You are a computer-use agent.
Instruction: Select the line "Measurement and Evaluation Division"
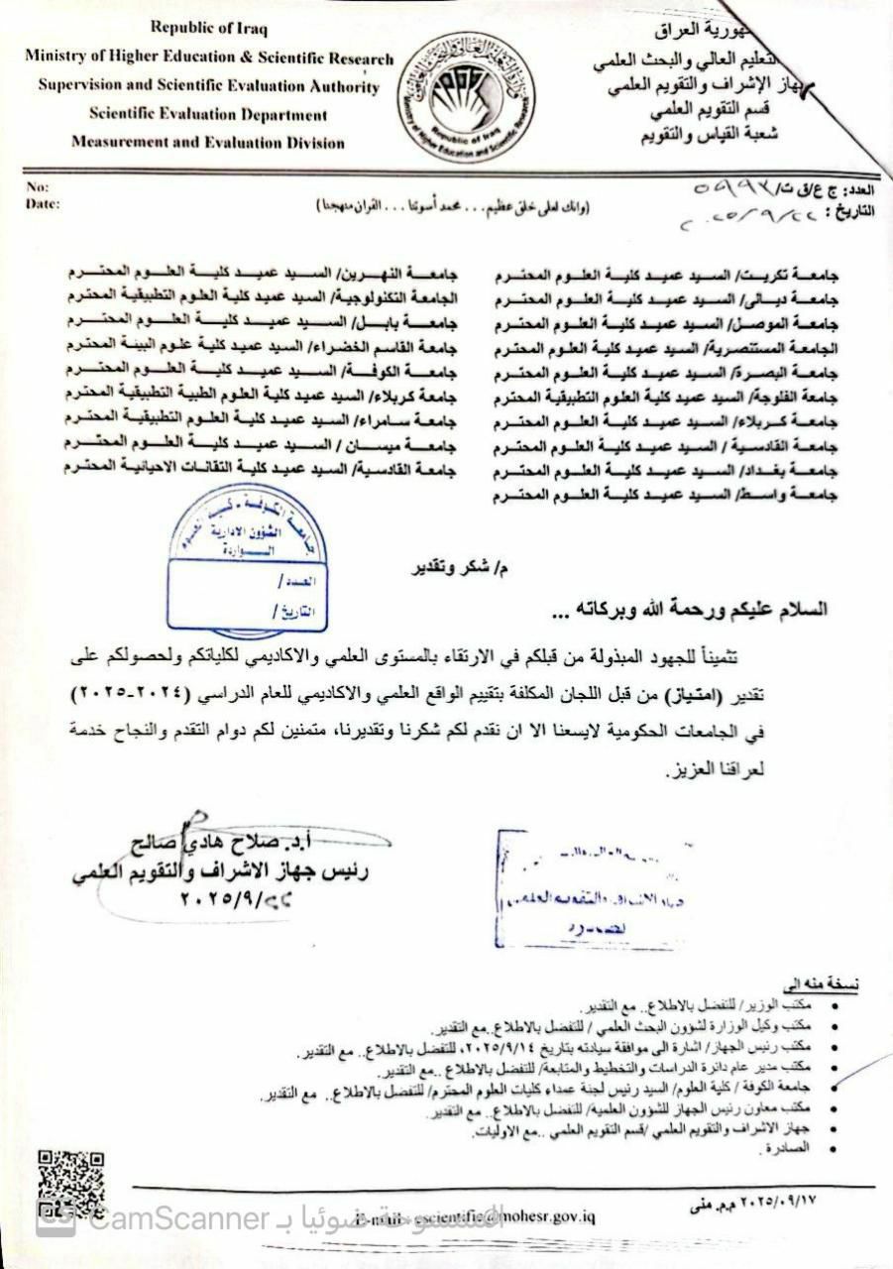pyautogui.click(x=208, y=143)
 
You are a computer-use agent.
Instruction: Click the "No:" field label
pyautogui.click(x=38, y=187)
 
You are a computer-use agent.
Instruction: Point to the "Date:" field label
pyautogui.click(x=45, y=204)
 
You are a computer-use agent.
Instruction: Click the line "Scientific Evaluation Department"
pyautogui.click(x=208, y=115)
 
